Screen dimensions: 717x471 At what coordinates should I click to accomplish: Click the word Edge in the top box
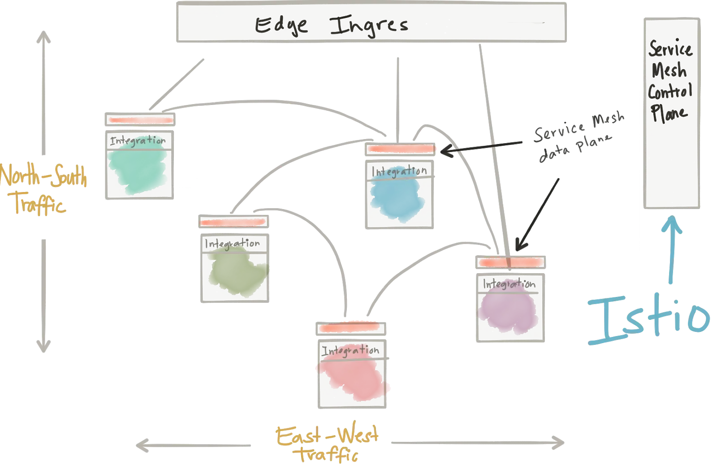click(x=281, y=26)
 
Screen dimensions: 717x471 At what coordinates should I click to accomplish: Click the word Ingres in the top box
click(x=369, y=26)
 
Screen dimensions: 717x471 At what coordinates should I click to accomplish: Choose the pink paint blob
click(x=353, y=378)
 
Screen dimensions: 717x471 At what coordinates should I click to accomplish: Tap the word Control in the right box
click(x=670, y=92)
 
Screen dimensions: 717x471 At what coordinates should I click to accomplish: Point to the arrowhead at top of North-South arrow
click(x=43, y=36)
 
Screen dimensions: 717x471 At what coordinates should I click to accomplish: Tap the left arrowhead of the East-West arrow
click(x=143, y=445)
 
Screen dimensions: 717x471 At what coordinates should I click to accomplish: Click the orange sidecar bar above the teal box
click(x=141, y=120)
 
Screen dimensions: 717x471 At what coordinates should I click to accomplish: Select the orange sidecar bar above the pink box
click(x=350, y=328)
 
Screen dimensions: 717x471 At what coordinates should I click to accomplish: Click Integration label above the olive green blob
click(x=233, y=244)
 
